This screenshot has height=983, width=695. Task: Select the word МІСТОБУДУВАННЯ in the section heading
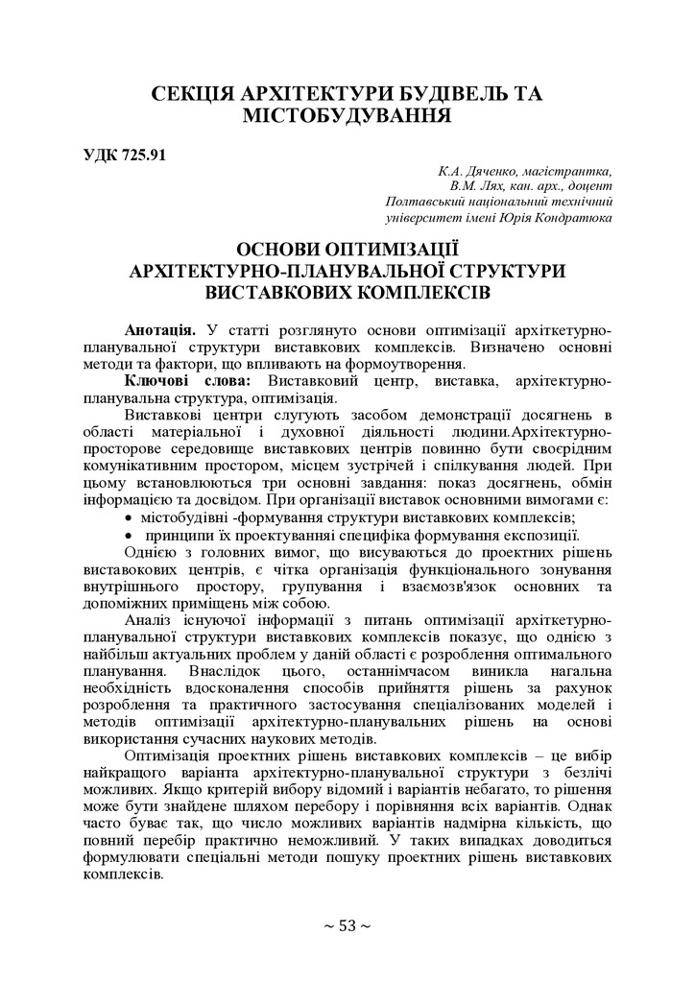coord(347,117)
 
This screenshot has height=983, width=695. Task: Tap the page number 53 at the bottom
coord(347,925)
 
